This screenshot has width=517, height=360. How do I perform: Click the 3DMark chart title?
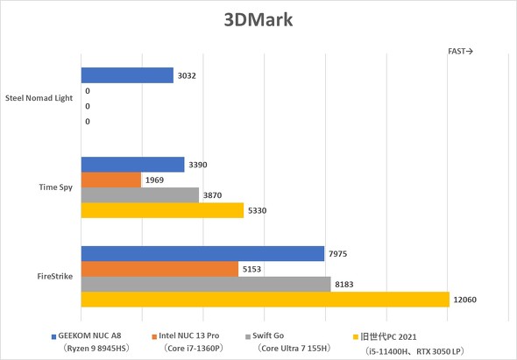pyautogui.click(x=258, y=18)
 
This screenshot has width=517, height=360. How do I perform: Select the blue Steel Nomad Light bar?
pyautogui.click(x=127, y=76)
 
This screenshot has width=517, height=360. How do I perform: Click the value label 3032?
pyautogui.click(x=186, y=76)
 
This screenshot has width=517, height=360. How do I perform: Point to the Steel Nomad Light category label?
pyautogui.click(x=39, y=98)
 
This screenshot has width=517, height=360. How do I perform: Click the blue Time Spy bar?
pyautogui.click(x=132, y=165)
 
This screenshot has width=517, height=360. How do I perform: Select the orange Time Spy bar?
pyautogui.click(x=111, y=180)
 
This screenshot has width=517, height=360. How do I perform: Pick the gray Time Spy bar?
pyautogui.click(x=140, y=195)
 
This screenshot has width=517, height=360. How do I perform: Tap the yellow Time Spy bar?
pyautogui.click(x=162, y=210)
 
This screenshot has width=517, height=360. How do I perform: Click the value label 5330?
pyautogui.click(x=258, y=210)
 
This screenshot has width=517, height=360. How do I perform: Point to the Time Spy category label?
pyautogui.click(x=56, y=187)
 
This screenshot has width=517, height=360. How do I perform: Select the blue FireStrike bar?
pyautogui.click(x=202, y=254)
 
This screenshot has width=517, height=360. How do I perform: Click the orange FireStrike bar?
pyautogui.click(x=159, y=269)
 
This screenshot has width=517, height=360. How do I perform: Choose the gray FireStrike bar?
pyautogui.click(x=206, y=284)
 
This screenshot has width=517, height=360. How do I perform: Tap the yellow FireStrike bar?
pyautogui.click(x=265, y=300)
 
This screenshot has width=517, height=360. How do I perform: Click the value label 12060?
pyautogui.click(x=467, y=300)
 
